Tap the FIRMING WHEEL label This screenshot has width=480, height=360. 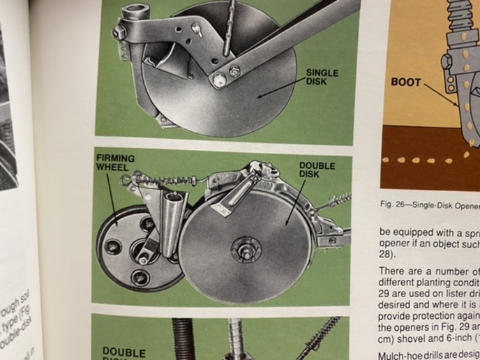(115, 163)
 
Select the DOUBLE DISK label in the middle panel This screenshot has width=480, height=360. (317, 170)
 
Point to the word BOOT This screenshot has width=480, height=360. (405, 82)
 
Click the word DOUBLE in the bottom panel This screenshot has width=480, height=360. (124, 351)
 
